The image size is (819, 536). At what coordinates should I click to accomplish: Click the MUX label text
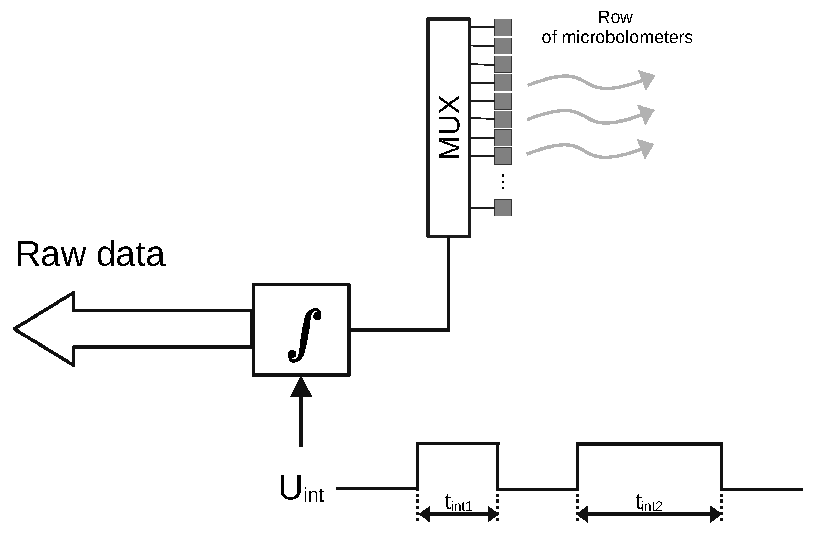point(449,127)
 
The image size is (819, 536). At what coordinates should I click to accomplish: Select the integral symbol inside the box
point(304,335)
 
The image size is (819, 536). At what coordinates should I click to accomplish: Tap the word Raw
point(51,254)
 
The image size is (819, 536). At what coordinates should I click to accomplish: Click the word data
point(131,254)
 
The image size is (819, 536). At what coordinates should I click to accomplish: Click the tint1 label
point(458,503)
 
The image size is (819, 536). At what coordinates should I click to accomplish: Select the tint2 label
point(649,503)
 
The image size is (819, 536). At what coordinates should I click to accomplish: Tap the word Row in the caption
point(615,17)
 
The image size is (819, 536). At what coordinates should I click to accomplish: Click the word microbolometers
point(627,37)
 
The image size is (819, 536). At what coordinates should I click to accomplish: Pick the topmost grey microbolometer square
point(503,28)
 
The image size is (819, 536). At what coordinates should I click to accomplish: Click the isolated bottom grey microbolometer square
point(503,208)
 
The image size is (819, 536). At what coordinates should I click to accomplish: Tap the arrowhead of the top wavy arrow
point(646,80)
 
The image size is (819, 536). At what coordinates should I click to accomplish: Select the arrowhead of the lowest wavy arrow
point(646,149)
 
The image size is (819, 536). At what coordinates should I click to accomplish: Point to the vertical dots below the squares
point(503,182)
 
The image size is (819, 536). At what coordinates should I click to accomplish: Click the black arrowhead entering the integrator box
point(301,387)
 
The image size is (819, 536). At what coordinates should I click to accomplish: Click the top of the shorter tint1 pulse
point(458,444)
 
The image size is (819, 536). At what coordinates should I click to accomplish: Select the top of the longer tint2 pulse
point(649,444)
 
